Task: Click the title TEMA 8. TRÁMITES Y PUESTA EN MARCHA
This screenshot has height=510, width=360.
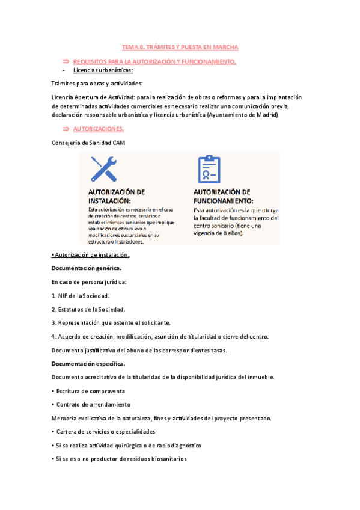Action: [180, 46]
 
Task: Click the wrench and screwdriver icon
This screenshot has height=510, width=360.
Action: [103, 169]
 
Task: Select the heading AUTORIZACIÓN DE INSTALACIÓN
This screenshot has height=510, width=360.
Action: [117, 196]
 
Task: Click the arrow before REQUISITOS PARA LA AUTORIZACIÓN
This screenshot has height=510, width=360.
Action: [66, 61]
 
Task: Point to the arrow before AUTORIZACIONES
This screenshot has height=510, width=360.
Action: [66, 129]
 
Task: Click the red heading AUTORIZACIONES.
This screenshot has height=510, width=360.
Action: [99, 129]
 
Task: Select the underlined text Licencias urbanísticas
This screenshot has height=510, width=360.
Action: [103, 70]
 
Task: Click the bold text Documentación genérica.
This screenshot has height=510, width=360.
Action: [87, 268]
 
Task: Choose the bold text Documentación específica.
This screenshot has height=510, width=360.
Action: [88, 364]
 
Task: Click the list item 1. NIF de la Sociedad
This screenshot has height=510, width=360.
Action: [81, 295]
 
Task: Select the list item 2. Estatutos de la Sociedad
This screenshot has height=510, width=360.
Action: [88, 309]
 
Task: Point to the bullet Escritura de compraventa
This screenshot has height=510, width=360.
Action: [87, 391]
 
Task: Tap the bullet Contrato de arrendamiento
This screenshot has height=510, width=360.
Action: [91, 404]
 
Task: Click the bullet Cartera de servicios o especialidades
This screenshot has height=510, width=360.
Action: [104, 432]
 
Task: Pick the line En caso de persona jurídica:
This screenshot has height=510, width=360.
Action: [90, 281]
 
